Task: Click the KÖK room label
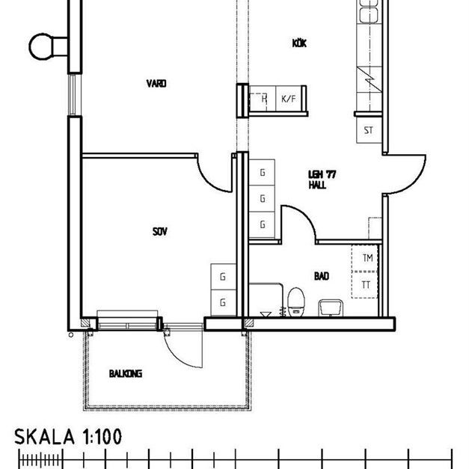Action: coord(300,43)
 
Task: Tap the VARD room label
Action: coord(156,84)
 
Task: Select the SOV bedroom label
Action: coord(159,232)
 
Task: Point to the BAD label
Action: coord(322,276)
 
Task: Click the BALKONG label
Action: coord(125,373)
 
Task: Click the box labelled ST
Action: coord(368,130)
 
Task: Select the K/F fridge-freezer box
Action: coord(288,98)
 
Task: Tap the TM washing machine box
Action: coord(367,258)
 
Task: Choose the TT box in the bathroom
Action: coord(367,285)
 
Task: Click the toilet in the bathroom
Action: coord(296,301)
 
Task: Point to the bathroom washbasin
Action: coord(329,306)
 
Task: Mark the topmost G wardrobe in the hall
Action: coord(263,173)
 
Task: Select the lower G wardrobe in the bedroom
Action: coord(223,302)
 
